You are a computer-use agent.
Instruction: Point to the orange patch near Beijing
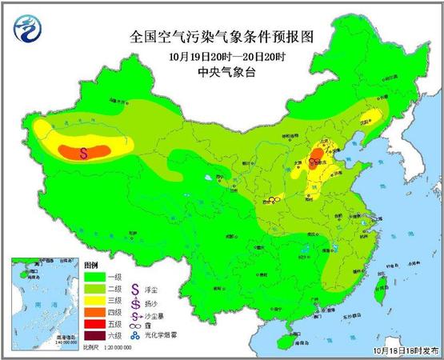point(318,154)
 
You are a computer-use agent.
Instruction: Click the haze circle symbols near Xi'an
point(274,199)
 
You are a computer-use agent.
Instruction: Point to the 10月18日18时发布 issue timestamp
point(405,350)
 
